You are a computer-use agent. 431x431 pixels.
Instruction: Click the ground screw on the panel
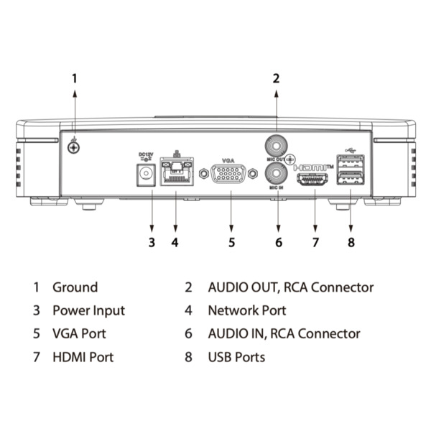coord(73,147)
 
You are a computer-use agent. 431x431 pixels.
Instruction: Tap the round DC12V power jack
coord(147,174)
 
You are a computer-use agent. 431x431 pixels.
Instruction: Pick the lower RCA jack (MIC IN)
coord(277,172)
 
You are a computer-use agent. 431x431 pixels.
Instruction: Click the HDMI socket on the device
coord(315,179)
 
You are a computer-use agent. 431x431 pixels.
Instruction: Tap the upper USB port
coord(350,162)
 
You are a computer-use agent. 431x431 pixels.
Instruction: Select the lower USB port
coord(350,177)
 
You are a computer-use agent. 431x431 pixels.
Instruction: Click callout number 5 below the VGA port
coord(231,242)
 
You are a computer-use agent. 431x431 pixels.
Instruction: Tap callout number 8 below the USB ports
coord(351,242)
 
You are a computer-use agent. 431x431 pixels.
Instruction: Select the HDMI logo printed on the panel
coord(315,165)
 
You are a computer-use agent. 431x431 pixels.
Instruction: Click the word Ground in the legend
coord(75,287)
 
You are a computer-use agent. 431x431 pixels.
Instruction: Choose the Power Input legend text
coord(88,310)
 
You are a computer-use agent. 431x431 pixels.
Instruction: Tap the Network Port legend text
coord(246,310)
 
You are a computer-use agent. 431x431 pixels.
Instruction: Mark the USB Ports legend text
coord(236,356)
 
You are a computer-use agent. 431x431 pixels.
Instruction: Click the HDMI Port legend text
coord(83,356)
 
